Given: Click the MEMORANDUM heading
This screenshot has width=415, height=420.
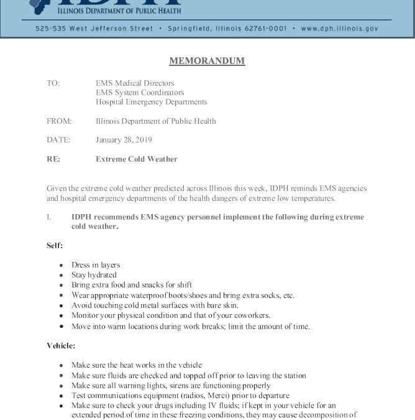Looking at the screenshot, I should coord(207,61).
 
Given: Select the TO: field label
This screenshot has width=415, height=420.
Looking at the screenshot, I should coord(53,83).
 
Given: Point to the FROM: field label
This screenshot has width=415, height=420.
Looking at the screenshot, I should coord(59,121).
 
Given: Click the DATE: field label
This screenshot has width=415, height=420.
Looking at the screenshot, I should coord(58,140).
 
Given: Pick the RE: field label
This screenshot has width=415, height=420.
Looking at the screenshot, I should coord(53,159).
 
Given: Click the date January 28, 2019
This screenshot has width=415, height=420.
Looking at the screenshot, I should coord(124,140).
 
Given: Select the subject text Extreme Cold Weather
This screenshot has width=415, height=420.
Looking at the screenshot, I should coord(137,159).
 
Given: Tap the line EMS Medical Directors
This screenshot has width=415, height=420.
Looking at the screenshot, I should coord(135,83).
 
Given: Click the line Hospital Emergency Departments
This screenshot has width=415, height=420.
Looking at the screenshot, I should coord(152,102).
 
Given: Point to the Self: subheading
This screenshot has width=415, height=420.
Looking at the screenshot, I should coord(55,245).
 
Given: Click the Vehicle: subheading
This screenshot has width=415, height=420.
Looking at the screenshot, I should coord(61,346).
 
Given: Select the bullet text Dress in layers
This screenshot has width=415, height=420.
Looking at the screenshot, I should coord(96,264).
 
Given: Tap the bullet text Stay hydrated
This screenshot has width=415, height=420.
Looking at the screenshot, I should coord(94,274).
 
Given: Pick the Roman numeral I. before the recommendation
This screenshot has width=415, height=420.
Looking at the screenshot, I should coord(49,217).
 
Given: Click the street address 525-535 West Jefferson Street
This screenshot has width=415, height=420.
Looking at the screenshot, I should coord(94,29).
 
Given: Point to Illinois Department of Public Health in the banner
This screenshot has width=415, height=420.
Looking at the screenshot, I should coord(119,11).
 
